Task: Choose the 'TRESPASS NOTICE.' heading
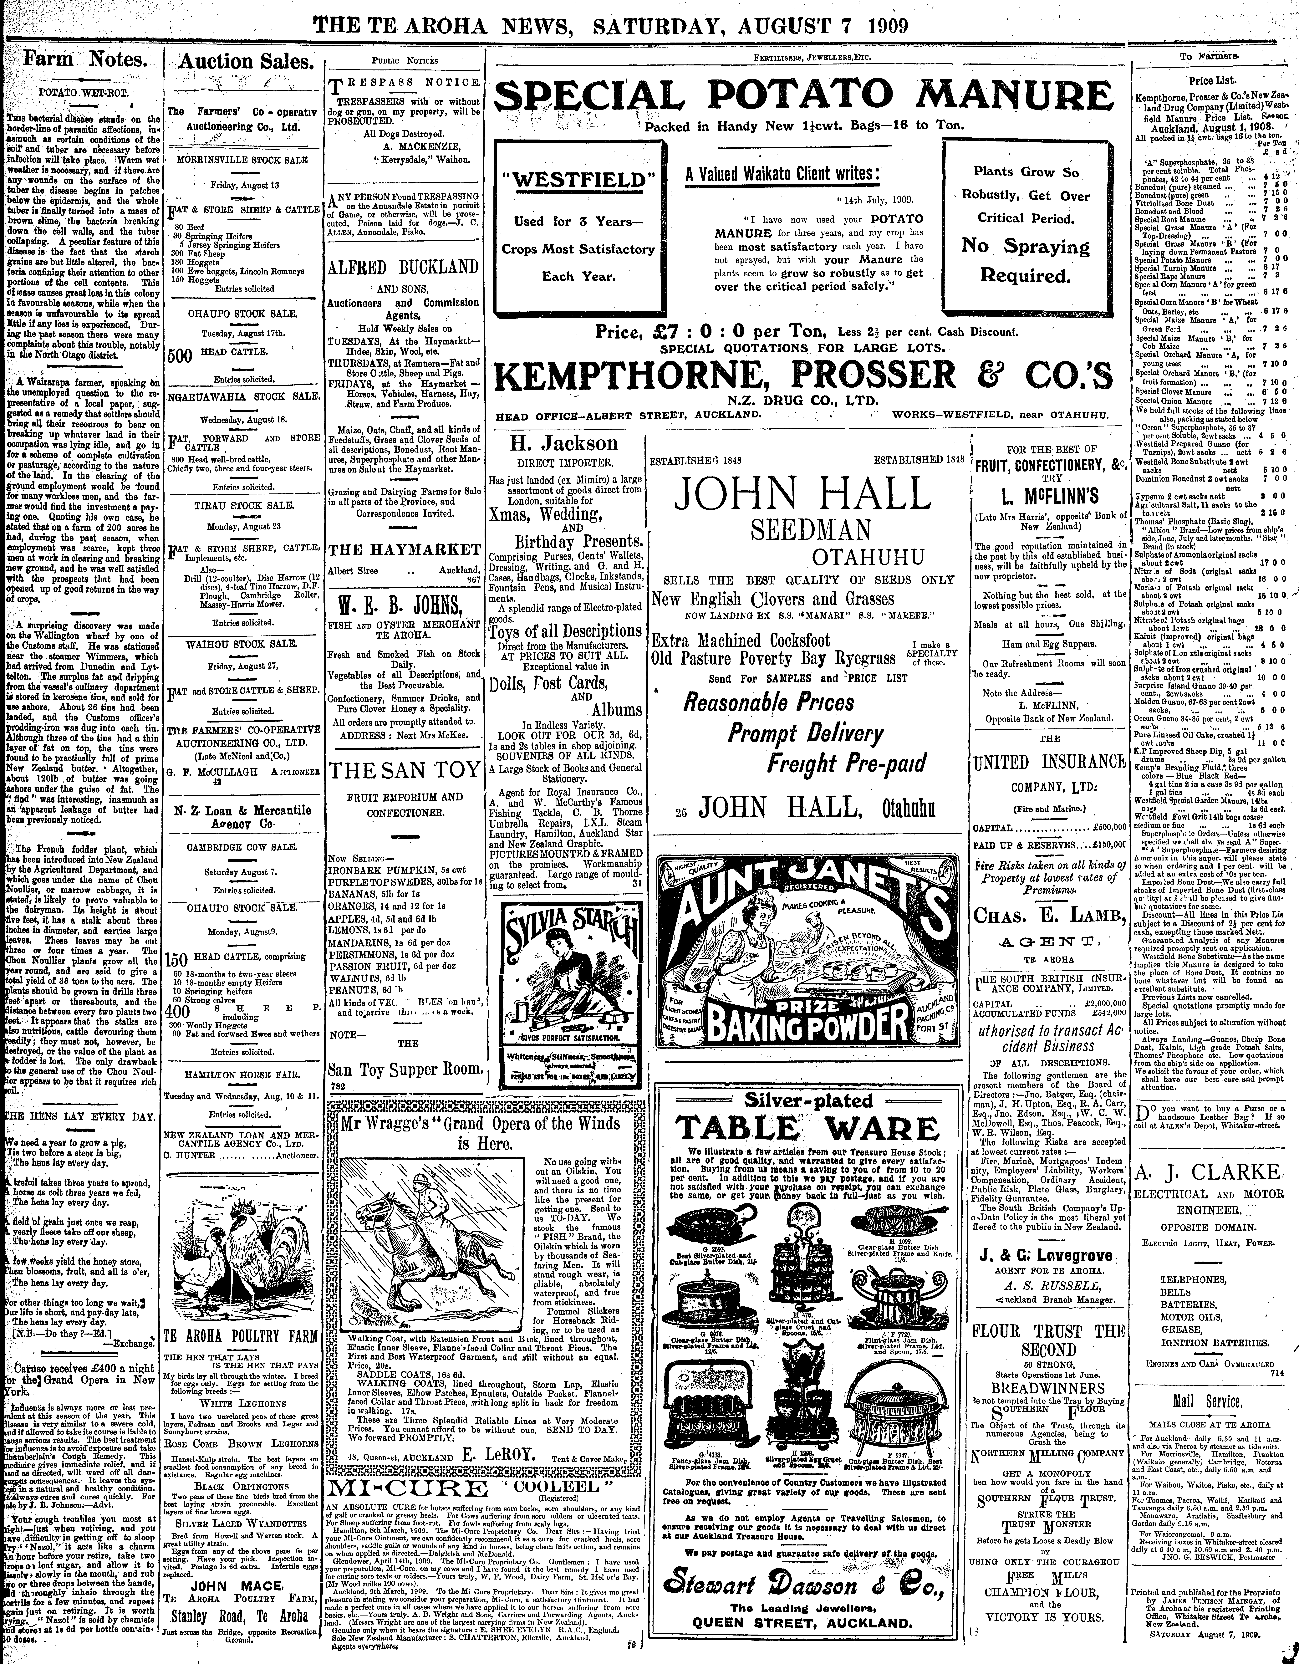[x=405, y=82]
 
